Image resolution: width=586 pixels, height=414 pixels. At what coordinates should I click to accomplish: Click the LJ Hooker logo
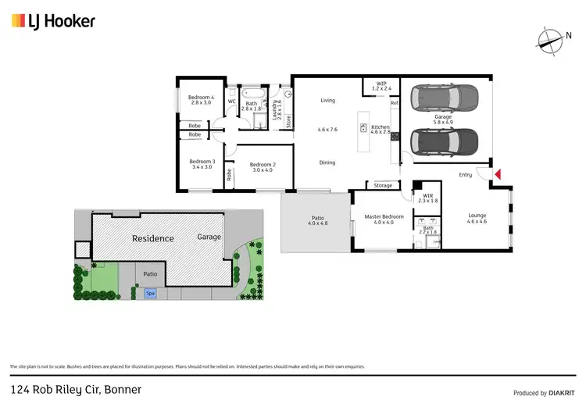53,21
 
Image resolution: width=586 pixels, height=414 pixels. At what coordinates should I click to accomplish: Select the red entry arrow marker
495,174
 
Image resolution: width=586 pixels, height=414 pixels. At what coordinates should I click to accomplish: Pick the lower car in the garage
443,141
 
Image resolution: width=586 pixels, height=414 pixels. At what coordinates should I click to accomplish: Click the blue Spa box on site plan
150,293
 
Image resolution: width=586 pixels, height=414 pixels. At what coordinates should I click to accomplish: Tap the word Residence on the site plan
152,238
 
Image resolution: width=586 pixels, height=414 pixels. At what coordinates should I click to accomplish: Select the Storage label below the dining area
383,186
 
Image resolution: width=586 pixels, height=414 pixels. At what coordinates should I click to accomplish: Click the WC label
231,102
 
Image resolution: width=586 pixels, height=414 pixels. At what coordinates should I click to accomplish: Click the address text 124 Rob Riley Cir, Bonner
75,389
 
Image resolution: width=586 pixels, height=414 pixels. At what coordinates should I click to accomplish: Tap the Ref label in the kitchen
395,104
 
